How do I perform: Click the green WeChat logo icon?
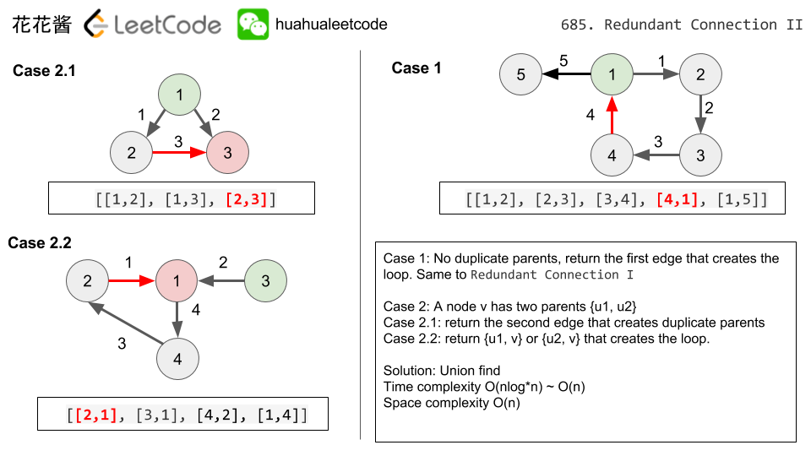coord(253,24)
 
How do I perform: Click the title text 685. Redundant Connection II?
coord(681,24)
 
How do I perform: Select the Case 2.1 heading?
coord(44,71)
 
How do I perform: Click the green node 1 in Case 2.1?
coord(180,93)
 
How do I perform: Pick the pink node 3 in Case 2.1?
coord(228,153)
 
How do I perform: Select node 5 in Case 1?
coord(520,74)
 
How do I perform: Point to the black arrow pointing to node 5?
coord(566,74)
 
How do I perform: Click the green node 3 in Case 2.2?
coord(265,281)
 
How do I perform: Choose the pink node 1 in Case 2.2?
coord(177,281)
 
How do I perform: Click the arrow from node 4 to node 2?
coord(128,324)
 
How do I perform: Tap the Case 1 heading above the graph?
coord(416,68)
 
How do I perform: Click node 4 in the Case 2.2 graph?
coord(177,358)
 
